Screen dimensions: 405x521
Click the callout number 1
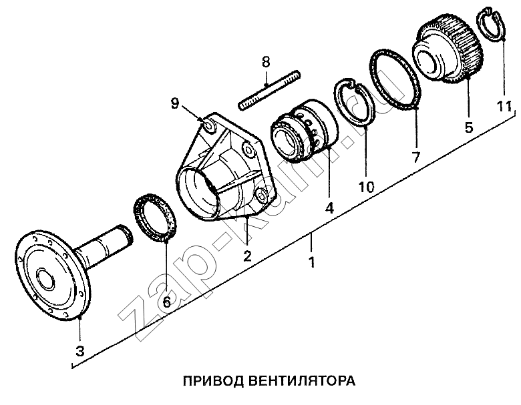coord(311,262)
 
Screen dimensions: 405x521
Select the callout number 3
coord(79,350)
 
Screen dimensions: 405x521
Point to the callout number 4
coord(329,208)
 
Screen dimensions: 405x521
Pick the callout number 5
coord(469,126)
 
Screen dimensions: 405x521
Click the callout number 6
coord(167,302)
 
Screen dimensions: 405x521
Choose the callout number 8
coord(266,62)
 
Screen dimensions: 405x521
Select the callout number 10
coord(366,186)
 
